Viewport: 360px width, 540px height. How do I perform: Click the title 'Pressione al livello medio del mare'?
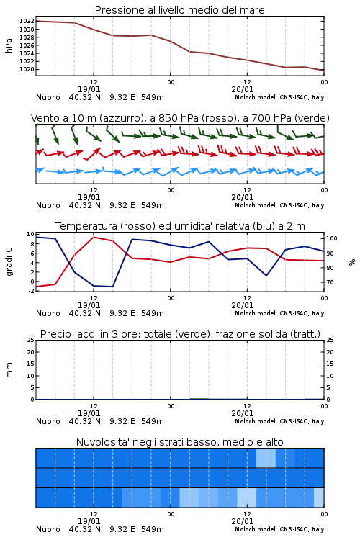pos(180,10)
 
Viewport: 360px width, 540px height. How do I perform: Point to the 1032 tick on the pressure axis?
pos(27,21)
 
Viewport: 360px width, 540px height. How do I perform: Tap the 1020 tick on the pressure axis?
pos(27,69)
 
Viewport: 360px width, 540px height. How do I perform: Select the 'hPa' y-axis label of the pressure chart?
pos(9,45)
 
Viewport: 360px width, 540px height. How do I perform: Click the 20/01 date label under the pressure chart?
pos(243,89)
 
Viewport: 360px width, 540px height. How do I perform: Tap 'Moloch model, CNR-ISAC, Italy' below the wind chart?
pos(279,205)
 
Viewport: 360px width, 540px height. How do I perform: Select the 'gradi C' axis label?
pos(9,262)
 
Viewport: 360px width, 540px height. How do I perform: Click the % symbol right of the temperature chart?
pos(352,262)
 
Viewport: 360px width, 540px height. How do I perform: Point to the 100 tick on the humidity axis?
pos(332,238)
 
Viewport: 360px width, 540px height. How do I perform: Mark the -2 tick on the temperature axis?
pos(31,291)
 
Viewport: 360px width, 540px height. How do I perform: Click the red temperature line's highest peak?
pos(94,238)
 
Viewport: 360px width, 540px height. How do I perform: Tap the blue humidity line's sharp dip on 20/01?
pos(266,276)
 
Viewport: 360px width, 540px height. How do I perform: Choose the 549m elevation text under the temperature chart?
pos(152,313)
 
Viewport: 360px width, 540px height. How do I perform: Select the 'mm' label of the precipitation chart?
pos(9,370)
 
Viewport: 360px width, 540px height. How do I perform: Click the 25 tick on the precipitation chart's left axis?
pos(31,341)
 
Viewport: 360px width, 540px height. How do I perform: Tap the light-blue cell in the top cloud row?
pos(266,458)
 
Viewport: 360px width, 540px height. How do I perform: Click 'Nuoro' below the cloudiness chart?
pos(48,529)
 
